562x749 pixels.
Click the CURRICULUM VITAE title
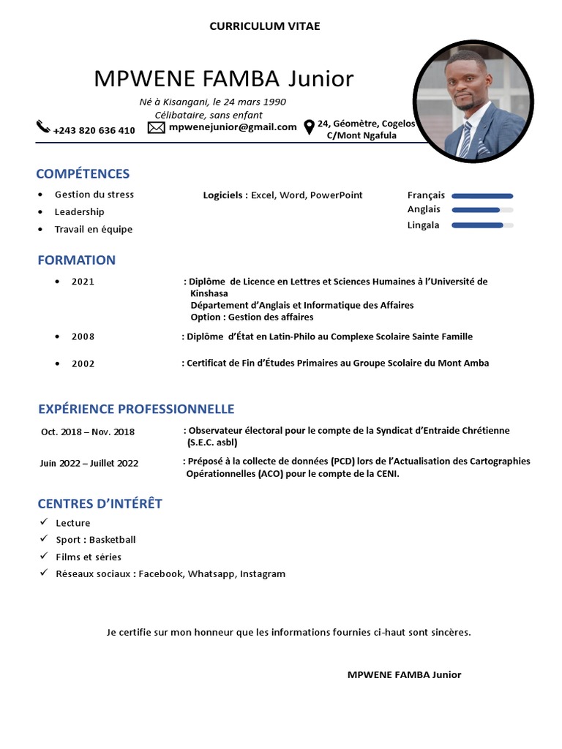[x=265, y=26]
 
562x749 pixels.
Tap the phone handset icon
[x=43, y=127]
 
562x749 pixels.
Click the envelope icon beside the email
[x=156, y=127]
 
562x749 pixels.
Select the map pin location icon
[x=309, y=127]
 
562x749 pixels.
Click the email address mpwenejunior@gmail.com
[x=232, y=127]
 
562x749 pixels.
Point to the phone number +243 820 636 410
[x=94, y=130]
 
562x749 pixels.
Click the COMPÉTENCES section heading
[x=83, y=173]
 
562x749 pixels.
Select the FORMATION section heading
[x=76, y=260]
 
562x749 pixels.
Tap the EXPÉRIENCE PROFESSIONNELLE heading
[x=136, y=408]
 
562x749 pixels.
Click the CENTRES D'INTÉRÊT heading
[x=100, y=503]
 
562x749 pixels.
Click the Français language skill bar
[x=482, y=196]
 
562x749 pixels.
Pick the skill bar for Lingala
[x=482, y=225]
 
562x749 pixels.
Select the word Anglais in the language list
[x=424, y=209]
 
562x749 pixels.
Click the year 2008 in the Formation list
[x=83, y=336]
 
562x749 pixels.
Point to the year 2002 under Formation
[x=83, y=364]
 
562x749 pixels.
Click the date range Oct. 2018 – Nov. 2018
[x=88, y=432]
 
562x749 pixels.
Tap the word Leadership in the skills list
[x=79, y=212]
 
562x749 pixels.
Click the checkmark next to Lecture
[x=44, y=522]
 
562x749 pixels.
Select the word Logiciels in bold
[x=225, y=195]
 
